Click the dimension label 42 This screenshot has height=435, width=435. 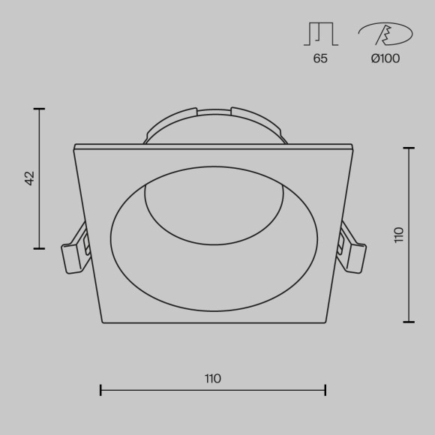(x=30, y=178)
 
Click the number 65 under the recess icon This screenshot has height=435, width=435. (x=320, y=58)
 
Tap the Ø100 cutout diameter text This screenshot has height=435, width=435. (x=385, y=58)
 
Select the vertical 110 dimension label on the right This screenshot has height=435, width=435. (x=398, y=234)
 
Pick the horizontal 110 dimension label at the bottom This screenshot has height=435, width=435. (x=212, y=379)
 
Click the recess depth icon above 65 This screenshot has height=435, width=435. (x=320, y=33)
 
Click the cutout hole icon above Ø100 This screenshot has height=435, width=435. (x=385, y=33)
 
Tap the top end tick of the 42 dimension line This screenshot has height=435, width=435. (x=40, y=109)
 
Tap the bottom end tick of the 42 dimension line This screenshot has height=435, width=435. (x=40, y=248)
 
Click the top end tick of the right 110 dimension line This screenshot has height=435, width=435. (x=409, y=148)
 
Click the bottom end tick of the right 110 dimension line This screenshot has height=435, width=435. (x=409, y=322)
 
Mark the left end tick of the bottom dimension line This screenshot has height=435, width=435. (x=100, y=390)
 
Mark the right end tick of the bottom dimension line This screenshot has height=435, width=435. (x=325, y=390)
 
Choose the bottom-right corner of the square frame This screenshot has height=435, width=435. (x=325, y=322)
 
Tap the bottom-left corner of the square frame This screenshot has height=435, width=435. (x=103, y=322)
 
